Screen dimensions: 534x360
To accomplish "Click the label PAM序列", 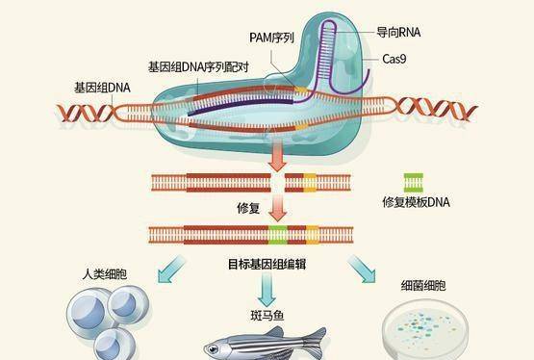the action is point(271,38).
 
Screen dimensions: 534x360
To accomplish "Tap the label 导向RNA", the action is point(398,33).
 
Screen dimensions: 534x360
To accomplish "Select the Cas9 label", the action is point(394,59).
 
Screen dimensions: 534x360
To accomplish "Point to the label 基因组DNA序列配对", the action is point(198,67).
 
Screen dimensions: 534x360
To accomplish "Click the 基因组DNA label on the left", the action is point(102,88).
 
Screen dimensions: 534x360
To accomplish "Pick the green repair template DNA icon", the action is point(414,183).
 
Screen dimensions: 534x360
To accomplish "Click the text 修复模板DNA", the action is point(416,202).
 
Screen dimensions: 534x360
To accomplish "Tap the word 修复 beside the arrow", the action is point(248,208).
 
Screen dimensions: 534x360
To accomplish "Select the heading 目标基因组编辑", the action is point(267,265).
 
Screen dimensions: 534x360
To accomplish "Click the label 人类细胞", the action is point(105,274).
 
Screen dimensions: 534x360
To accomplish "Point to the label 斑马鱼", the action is point(267,316).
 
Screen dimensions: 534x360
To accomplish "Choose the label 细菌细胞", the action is point(423,286).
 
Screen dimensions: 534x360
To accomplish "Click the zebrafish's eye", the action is point(214,348).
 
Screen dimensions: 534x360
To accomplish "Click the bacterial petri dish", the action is point(425,329).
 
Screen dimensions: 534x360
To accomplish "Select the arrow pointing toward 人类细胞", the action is point(171,270).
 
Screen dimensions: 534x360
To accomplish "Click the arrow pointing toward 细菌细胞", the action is point(362,269).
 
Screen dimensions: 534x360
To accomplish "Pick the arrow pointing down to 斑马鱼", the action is point(267,290).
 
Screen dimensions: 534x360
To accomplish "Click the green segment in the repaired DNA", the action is point(277,235).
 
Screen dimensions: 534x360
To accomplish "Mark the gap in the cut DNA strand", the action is point(278,183).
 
